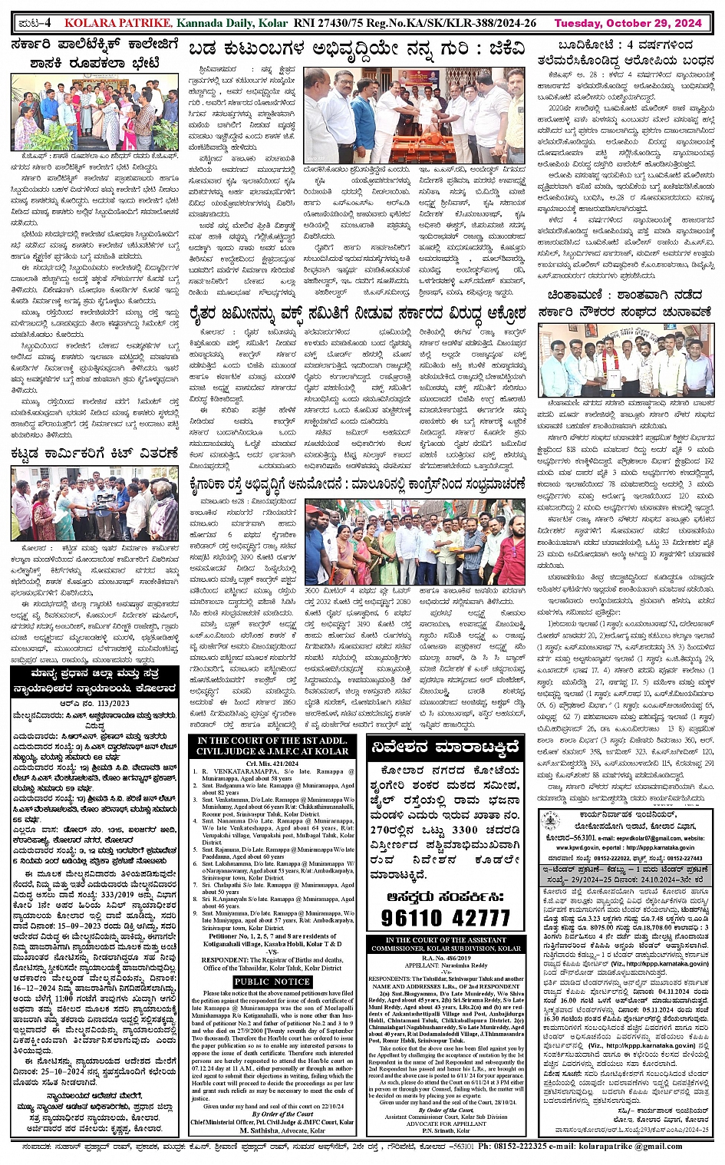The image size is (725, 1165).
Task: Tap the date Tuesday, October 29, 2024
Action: click(x=628, y=24)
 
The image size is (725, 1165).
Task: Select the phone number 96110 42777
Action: click(x=445, y=918)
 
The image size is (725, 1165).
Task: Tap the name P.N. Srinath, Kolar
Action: click(x=446, y=1130)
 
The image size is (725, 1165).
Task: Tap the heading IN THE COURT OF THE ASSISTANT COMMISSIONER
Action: click(x=446, y=944)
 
